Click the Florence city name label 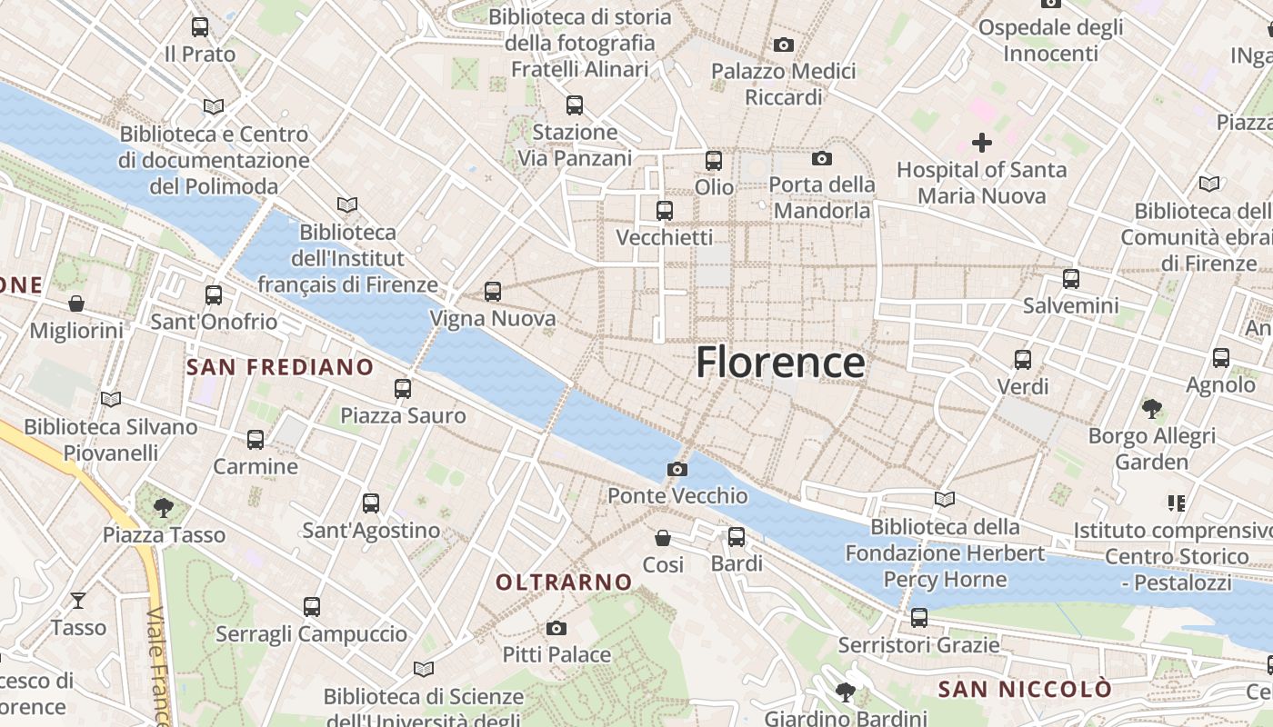(780, 363)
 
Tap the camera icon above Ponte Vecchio (677, 469)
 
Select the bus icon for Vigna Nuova (493, 292)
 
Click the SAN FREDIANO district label (280, 367)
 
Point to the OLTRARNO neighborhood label (564, 582)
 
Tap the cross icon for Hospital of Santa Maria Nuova (982, 142)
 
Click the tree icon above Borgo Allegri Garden (1152, 409)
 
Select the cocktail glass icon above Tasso (78, 600)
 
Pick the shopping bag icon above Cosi (663, 538)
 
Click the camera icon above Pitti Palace (556, 628)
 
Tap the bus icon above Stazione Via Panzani (575, 105)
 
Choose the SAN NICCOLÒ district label (1025, 689)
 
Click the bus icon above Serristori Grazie (919, 618)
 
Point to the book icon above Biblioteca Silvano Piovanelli (111, 399)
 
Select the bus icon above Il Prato (200, 27)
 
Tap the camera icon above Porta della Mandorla (822, 159)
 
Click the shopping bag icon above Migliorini (76, 304)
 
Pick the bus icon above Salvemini (1071, 279)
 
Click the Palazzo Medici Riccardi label (784, 84)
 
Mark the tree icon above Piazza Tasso (164, 507)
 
